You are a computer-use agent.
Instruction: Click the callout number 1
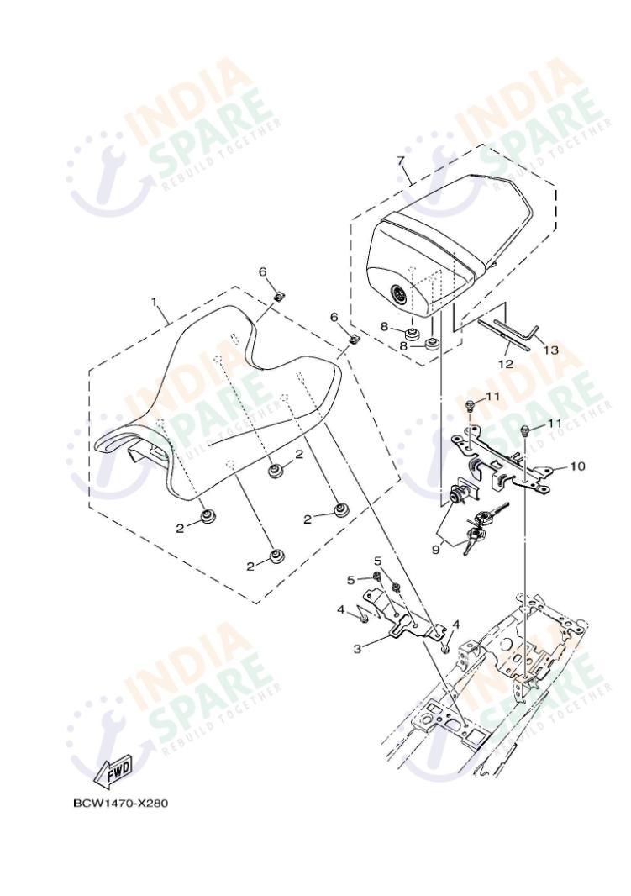(154, 301)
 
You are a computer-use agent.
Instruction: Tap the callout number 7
(401, 160)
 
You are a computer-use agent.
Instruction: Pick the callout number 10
(577, 465)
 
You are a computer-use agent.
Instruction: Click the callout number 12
(506, 365)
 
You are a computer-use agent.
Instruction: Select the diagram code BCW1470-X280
(120, 803)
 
